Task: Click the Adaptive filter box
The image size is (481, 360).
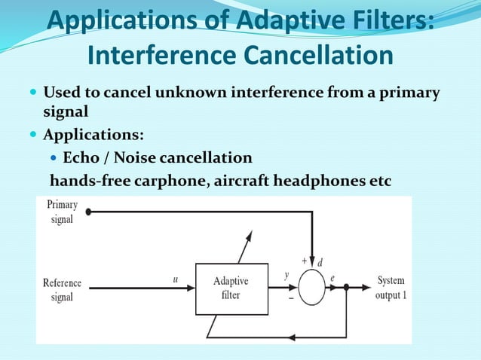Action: tap(231, 288)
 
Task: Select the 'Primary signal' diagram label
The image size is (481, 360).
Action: tap(62, 212)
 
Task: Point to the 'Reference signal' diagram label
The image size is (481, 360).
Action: tap(63, 290)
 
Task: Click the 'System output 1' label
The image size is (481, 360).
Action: tap(391, 288)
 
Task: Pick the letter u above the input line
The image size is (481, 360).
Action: tap(176, 277)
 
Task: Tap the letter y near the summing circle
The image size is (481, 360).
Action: tap(286, 276)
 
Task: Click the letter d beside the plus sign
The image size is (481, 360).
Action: tap(320, 261)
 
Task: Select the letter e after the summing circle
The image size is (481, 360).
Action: tap(332, 278)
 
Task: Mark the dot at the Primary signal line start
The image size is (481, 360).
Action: tap(88, 212)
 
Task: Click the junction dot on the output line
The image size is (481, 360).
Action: tap(346, 287)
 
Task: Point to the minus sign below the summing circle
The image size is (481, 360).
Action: tap(291, 298)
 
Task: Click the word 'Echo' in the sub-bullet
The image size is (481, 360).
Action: tap(80, 158)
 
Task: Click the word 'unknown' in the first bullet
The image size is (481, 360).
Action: tap(190, 94)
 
